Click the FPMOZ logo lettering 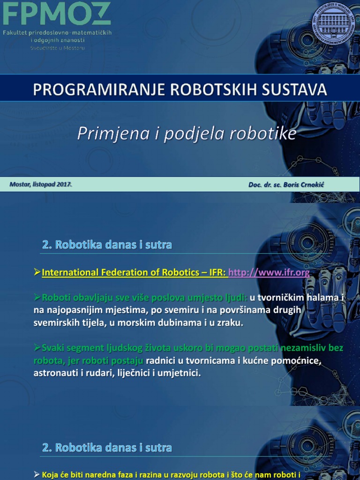[57, 14]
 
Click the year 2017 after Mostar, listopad [64, 184]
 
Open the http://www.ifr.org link [269, 272]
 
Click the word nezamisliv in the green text [307, 348]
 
